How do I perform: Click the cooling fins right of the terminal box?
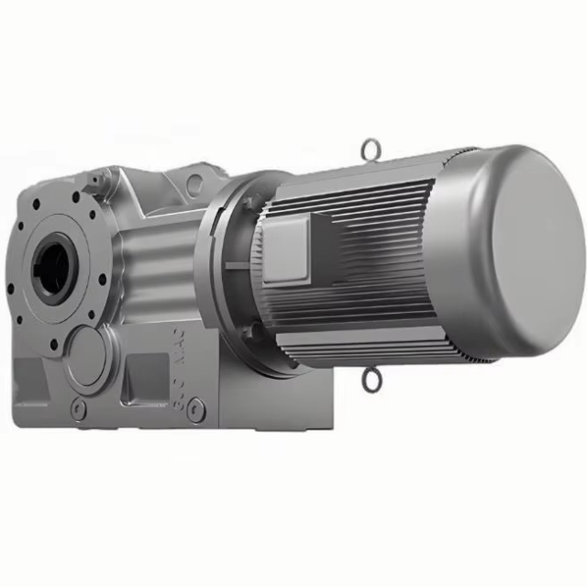[x=367, y=248]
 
